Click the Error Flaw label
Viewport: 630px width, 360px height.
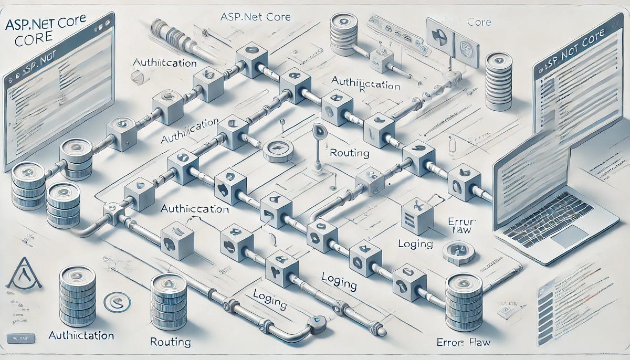point(464,343)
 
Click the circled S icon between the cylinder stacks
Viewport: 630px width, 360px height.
point(117,303)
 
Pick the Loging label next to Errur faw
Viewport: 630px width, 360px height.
point(415,244)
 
